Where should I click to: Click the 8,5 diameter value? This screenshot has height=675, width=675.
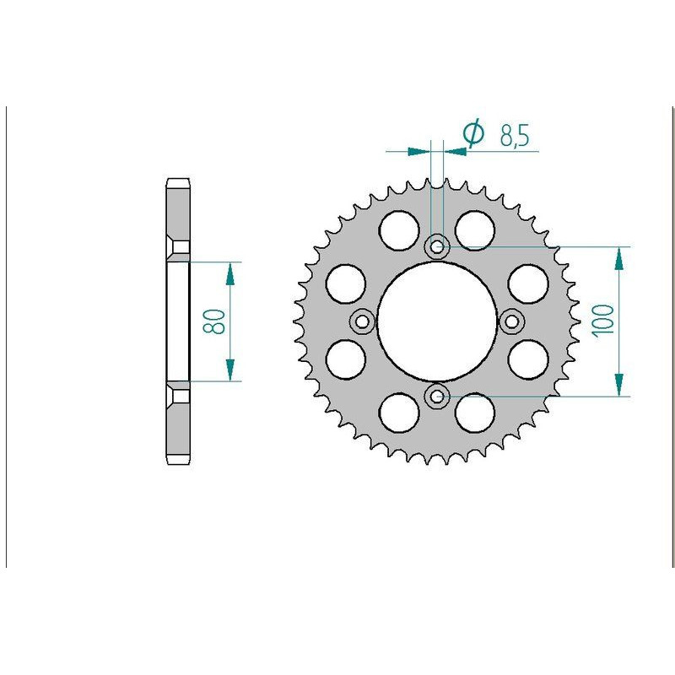514,136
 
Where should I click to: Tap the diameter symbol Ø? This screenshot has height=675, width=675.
474,134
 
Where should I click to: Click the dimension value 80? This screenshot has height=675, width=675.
215,321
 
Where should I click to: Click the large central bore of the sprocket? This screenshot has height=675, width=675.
437,321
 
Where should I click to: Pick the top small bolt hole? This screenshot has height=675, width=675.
437,247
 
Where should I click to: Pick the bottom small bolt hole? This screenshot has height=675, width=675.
437,395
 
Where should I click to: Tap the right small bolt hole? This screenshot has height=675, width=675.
511,321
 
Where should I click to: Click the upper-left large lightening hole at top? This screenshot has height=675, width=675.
399,228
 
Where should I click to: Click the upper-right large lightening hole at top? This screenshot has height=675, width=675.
475,228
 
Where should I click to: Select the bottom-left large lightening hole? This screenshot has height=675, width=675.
399,414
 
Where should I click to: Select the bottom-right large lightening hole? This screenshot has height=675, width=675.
475,414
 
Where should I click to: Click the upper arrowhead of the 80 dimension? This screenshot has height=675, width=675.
229,270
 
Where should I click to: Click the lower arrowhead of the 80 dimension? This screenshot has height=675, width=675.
229,371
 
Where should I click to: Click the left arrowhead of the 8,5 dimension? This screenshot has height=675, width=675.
418,151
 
